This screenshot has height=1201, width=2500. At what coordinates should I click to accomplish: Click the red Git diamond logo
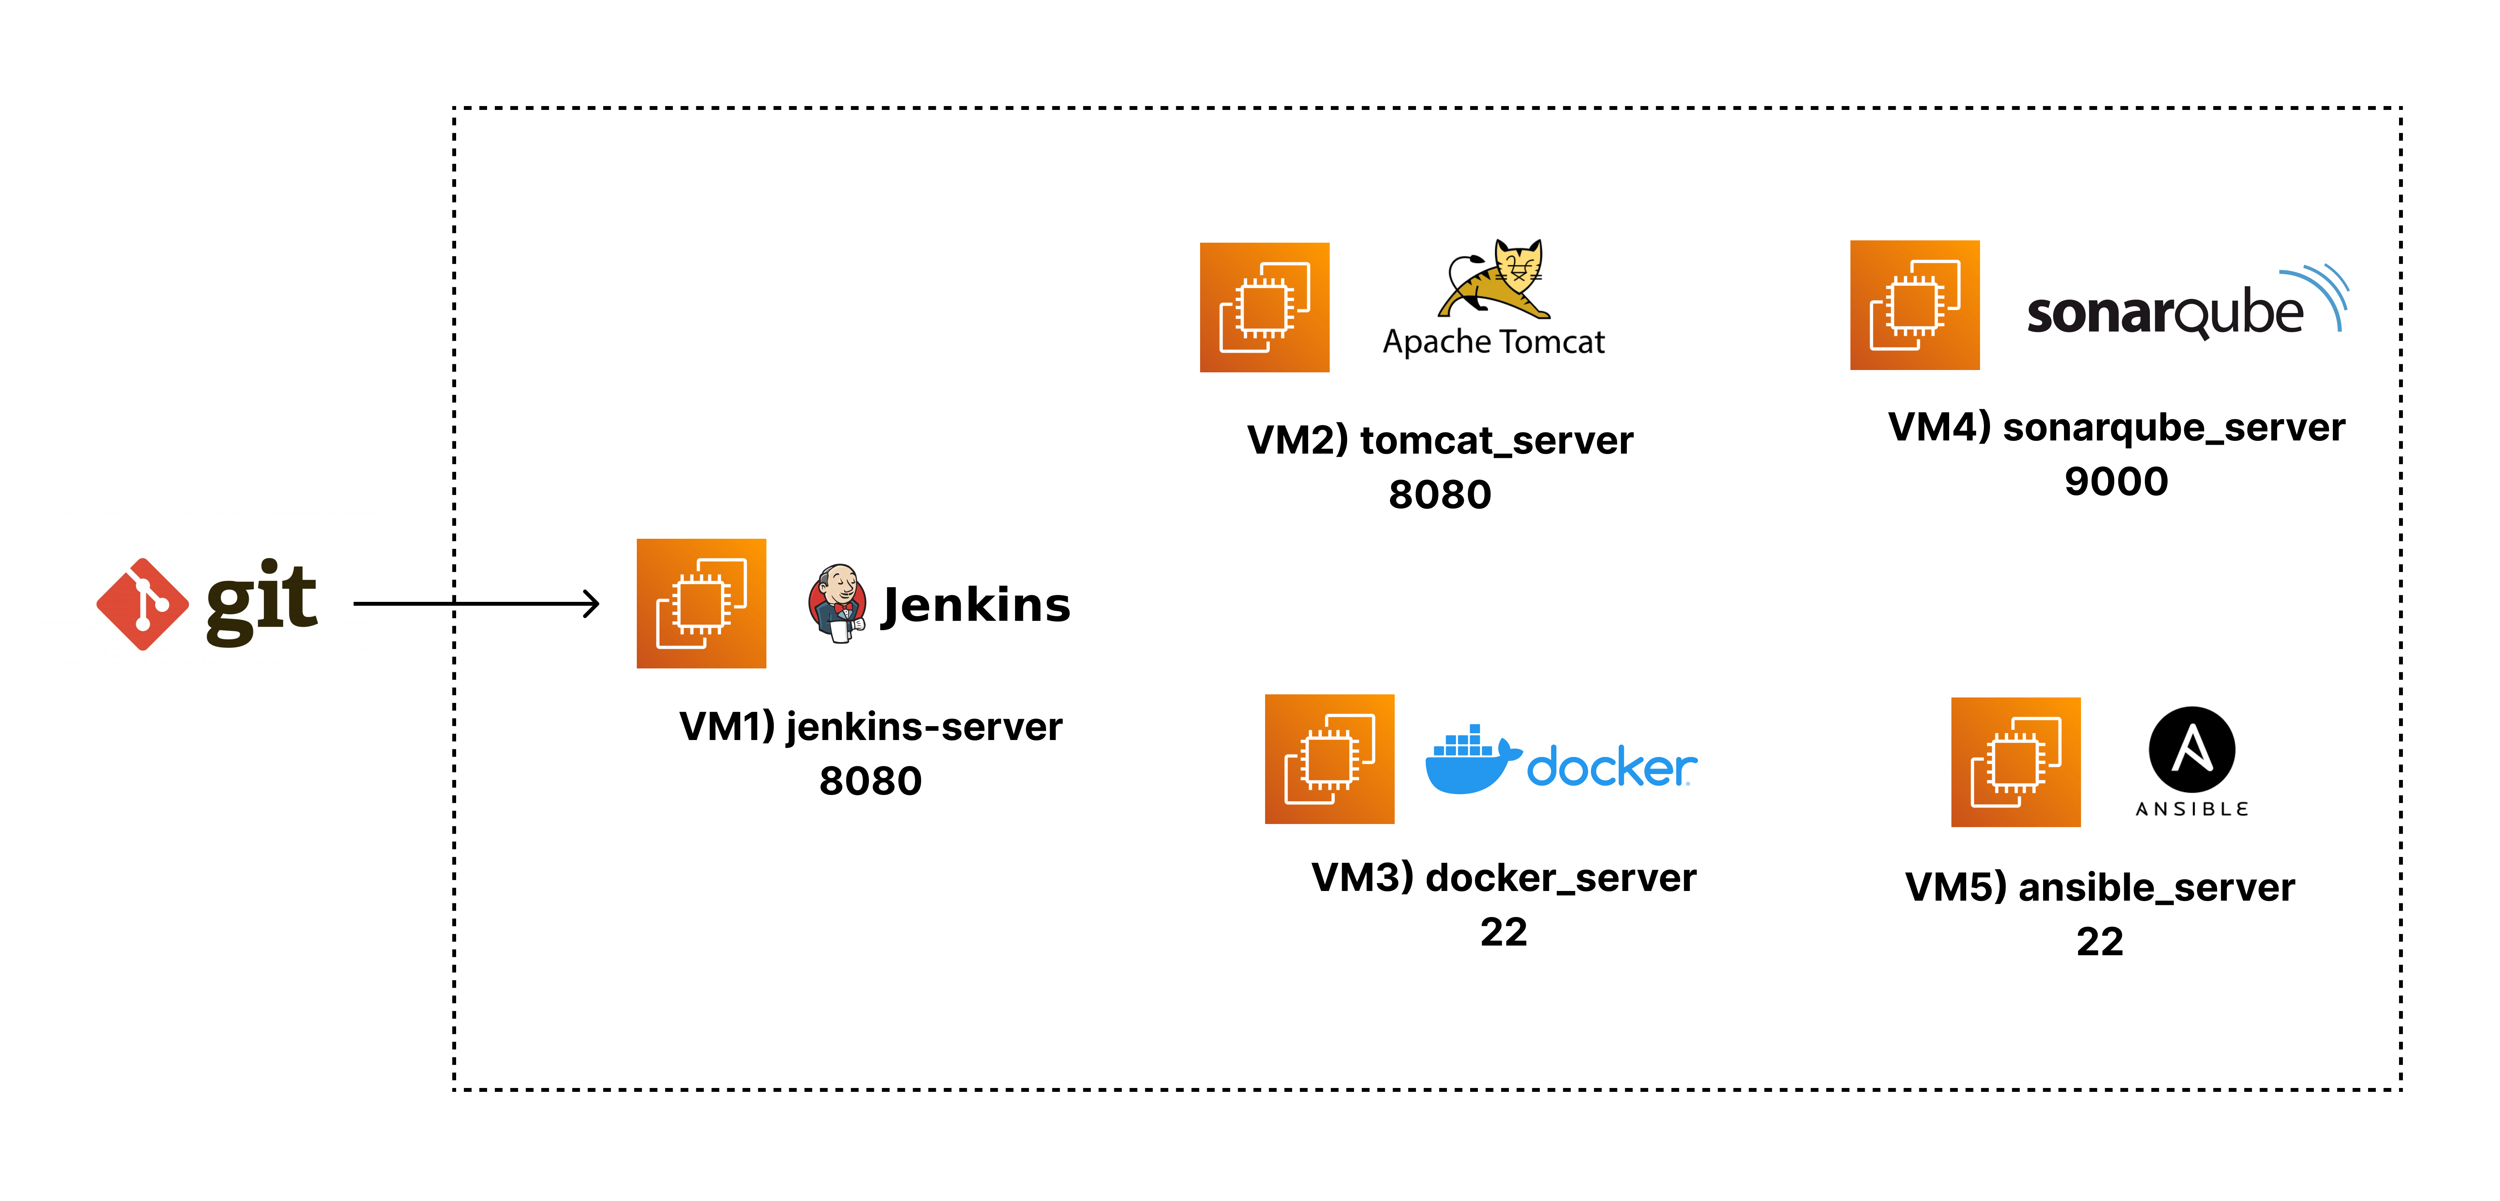[143, 604]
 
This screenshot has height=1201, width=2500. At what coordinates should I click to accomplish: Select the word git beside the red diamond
[262, 602]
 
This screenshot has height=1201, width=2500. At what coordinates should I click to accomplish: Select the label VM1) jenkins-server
[870, 726]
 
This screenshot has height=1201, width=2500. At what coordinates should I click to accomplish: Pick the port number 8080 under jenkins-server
[870, 781]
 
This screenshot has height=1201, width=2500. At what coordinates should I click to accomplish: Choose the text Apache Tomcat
[1494, 342]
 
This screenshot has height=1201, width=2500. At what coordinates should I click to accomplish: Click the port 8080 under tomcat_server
[1440, 494]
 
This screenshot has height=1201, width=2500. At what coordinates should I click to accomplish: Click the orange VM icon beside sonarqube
[1915, 305]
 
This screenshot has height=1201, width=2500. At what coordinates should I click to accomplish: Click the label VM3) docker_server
[1503, 878]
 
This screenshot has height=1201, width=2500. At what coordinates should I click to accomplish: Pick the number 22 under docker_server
[1503, 932]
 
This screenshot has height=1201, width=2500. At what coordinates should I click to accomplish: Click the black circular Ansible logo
[2192, 750]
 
